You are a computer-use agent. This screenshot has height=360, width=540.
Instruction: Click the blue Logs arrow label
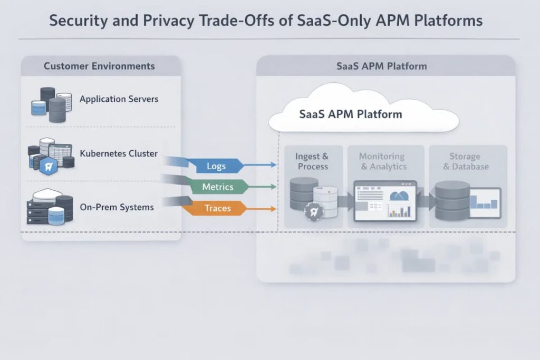[x=216, y=167]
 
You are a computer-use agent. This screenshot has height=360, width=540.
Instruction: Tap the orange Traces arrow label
[x=217, y=208]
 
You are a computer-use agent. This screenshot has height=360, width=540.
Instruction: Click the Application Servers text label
[x=119, y=99]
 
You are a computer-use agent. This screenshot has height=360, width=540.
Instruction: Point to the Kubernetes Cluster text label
[x=119, y=153]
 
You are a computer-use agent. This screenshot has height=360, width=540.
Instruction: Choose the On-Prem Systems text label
[x=117, y=207]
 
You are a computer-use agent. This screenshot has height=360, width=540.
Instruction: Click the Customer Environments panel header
[x=99, y=66]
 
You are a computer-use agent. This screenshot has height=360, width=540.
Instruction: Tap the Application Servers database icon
[x=51, y=102]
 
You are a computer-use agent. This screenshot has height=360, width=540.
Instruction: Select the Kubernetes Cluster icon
[x=50, y=155]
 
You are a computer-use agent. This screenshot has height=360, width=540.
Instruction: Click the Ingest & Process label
[x=313, y=161]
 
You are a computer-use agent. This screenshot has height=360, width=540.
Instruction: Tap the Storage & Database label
[x=466, y=161]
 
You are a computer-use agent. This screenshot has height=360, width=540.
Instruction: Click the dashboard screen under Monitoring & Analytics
[x=385, y=200]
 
